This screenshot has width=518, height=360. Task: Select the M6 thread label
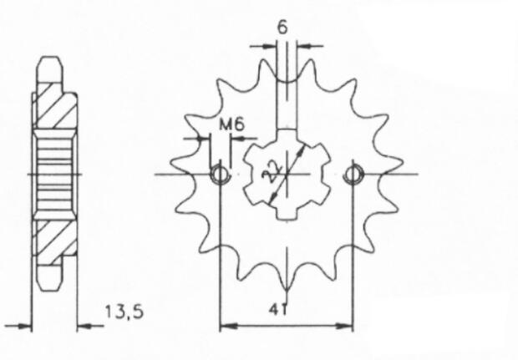(x=231, y=124)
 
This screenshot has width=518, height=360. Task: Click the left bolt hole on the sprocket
(x=220, y=174)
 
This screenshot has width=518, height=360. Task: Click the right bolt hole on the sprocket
(x=353, y=174)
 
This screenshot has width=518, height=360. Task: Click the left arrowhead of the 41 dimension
(x=224, y=325)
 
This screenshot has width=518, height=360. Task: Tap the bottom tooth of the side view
(x=52, y=278)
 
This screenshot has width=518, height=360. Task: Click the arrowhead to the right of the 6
(x=302, y=44)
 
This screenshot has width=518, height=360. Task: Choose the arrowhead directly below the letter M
(x=204, y=138)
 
